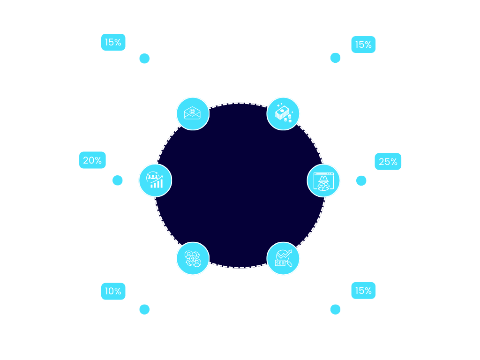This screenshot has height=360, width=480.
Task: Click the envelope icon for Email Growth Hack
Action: [x=192, y=113]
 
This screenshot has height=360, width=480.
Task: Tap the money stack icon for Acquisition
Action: [x=283, y=113]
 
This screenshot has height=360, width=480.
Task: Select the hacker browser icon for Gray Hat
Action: [x=323, y=180]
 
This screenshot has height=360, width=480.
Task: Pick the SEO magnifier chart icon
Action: [x=283, y=258]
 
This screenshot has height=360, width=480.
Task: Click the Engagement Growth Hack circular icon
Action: [x=192, y=258]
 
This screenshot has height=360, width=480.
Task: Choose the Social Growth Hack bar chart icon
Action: [x=155, y=180]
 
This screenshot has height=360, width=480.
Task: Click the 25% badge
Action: [x=388, y=162]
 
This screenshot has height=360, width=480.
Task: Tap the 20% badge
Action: [x=92, y=160]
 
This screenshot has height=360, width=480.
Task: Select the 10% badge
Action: [x=113, y=291]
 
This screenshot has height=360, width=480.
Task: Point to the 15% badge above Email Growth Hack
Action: [x=113, y=42]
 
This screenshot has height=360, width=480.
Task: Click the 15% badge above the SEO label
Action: [x=363, y=291]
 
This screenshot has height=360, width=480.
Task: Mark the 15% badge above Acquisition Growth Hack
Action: [x=363, y=45]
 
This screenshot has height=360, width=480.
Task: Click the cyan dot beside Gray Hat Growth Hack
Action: [x=361, y=180]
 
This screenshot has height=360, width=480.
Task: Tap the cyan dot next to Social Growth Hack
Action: [x=118, y=180]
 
